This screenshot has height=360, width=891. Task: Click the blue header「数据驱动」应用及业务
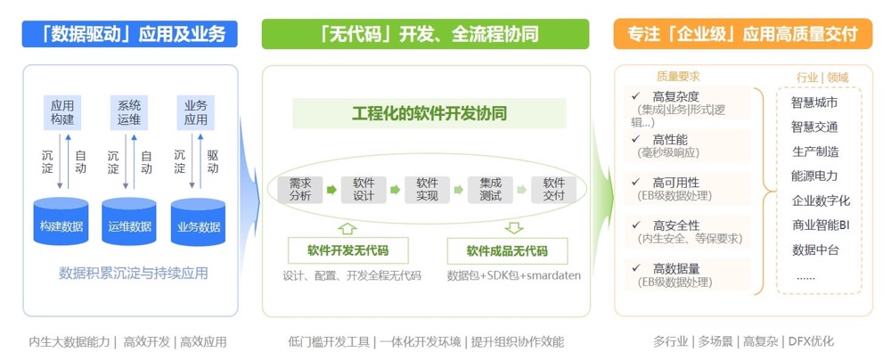[x=130, y=35]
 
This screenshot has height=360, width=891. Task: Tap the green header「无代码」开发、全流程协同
[x=425, y=35]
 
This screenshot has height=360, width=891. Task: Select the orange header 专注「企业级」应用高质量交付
[x=742, y=35]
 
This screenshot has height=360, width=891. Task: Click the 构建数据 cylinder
[x=61, y=223]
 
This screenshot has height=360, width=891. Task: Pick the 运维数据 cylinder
[x=130, y=223]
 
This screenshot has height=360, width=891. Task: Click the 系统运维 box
[x=130, y=112]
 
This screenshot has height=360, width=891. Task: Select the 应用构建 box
[x=62, y=112]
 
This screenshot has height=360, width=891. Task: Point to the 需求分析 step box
[x=300, y=190]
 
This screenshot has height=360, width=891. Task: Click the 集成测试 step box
[x=490, y=190]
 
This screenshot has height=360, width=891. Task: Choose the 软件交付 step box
[x=554, y=190]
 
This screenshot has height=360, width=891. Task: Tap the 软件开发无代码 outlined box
[x=347, y=250]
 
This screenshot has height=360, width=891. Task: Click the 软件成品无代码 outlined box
[x=507, y=250]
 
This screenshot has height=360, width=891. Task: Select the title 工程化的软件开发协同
[x=429, y=114]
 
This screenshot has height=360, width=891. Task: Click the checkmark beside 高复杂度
[x=635, y=95]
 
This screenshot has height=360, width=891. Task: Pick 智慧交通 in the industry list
[x=814, y=127]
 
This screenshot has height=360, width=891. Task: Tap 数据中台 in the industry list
[x=815, y=250]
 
